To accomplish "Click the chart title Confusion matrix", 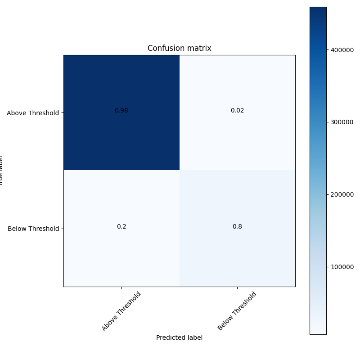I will [179, 48].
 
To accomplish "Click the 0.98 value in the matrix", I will [121, 111].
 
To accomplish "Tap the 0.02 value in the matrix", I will [237, 111].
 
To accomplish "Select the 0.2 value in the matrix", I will [121, 226].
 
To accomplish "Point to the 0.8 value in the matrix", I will [237, 226].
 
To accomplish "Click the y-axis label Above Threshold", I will [33, 113].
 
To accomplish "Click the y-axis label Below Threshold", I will [33, 229].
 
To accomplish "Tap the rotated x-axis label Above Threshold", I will [121, 311].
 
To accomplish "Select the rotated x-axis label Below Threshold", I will [237, 311].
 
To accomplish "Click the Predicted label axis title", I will [179, 337].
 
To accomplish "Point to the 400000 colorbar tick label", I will [342, 50].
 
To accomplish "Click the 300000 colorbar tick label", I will [342, 122].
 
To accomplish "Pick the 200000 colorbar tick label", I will [342, 194].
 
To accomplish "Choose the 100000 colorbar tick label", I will [342, 267].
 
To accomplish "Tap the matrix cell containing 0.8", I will [252, 252].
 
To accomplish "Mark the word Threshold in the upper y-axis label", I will [44, 113].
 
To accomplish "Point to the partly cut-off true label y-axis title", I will [1, 171].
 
